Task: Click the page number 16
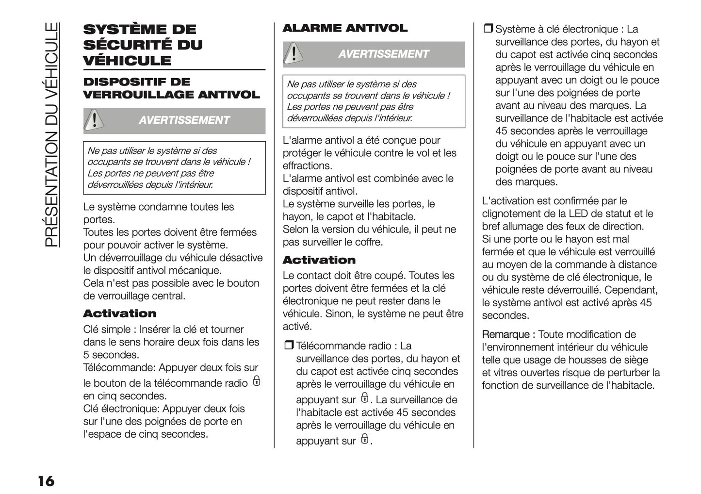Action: [x=46, y=481]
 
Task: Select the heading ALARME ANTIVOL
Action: [x=344, y=28]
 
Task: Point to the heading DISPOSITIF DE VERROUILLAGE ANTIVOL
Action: [x=171, y=88]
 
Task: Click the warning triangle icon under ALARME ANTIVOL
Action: [x=293, y=53]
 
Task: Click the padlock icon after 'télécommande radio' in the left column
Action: [x=257, y=381]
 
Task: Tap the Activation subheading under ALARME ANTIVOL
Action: [x=319, y=260]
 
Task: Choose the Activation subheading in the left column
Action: [x=119, y=313]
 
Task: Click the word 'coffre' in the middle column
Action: [x=367, y=242]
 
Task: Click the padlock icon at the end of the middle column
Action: [x=364, y=439]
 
